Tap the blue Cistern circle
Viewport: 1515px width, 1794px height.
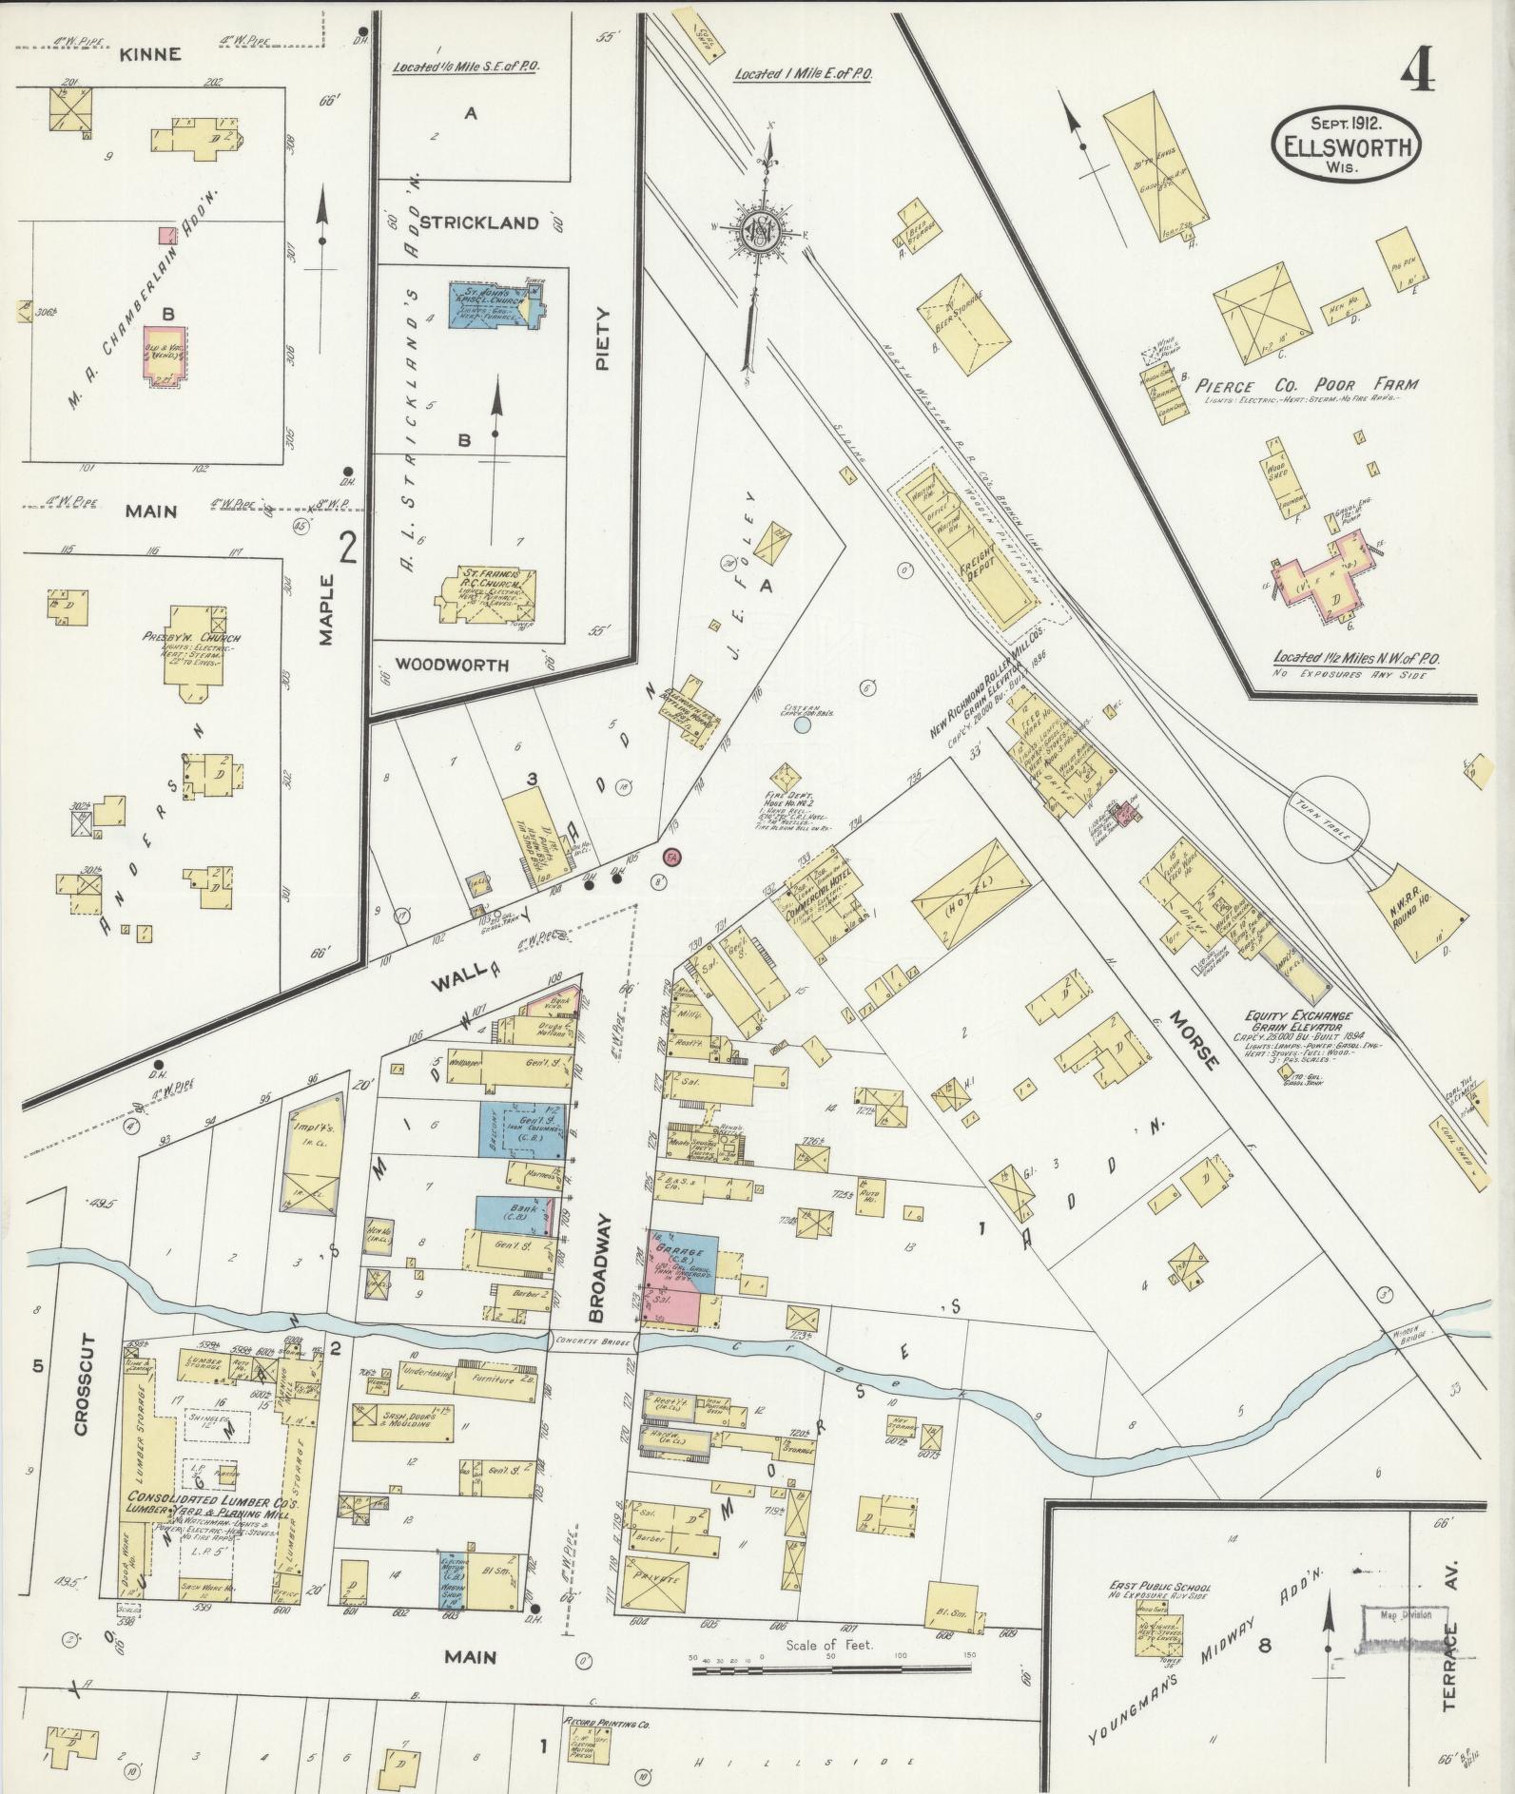[x=802, y=725]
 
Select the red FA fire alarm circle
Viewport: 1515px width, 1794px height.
[x=672, y=857]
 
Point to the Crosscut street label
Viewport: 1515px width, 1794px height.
[x=81, y=1403]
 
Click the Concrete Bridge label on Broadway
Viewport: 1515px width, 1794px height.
[x=592, y=1344]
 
